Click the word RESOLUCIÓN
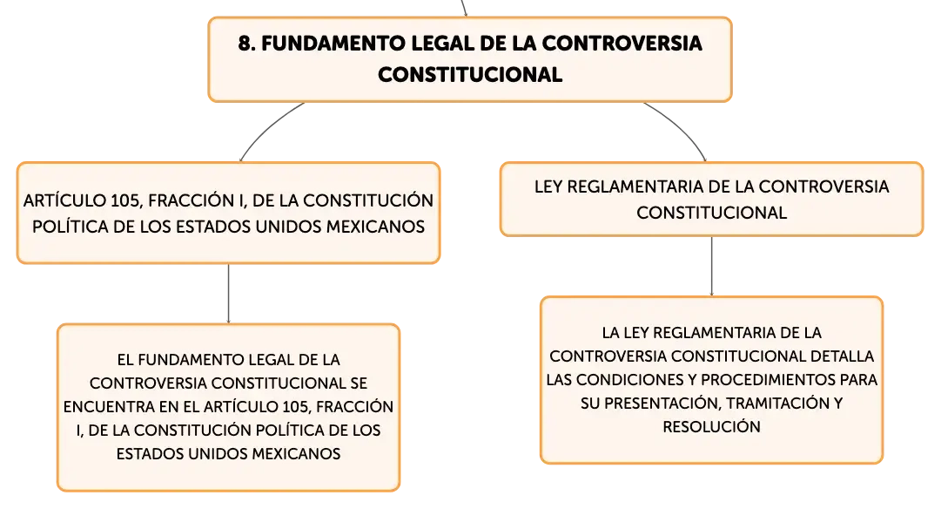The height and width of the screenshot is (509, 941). pyautogui.click(x=712, y=427)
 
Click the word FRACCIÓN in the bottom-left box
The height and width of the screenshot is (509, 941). pyautogui.click(x=354, y=407)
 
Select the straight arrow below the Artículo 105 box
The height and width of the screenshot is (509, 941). pyautogui.click(x=229, y=294)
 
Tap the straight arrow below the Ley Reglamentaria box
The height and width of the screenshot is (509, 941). pyautogui.click(x=712, y=266)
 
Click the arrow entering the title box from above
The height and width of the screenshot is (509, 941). pyautogui.click(x=464, y=8)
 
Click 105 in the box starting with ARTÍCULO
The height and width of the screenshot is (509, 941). pyautogui.click(x=125, y=200)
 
